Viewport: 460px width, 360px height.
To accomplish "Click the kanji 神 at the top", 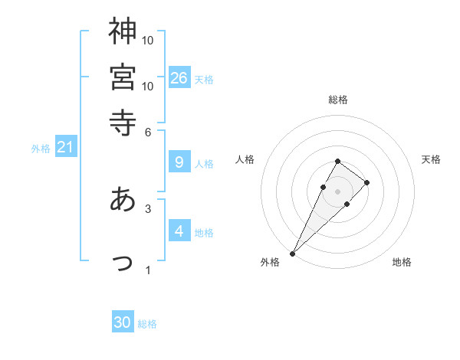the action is coord(123,32).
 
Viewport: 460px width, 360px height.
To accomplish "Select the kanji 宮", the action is coord(123,77).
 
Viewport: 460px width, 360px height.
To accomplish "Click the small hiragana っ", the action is coord(123,263).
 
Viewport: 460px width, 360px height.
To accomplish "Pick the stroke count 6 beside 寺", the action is coord(149,132).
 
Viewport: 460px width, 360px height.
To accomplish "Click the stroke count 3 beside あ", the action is coord(149,208).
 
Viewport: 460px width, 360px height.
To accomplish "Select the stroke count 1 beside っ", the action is coord(149,270).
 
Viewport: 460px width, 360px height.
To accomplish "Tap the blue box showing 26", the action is coord(179,77).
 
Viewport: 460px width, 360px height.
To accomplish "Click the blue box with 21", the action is coord(65,146).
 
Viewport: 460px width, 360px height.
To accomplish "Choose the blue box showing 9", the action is coord(179,162).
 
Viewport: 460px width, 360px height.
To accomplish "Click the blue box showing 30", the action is coord(123,322).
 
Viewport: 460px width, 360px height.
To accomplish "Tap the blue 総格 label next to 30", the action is coord(147,324).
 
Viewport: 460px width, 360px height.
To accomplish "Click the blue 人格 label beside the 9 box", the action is coord(204,163).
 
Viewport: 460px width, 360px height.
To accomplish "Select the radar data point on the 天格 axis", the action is coord(367,182).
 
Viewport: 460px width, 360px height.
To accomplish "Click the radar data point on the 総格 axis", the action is coord(337,161).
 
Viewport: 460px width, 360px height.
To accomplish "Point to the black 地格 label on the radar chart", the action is coord(402,263).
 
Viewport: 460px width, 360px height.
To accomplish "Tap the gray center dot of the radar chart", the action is coord(337,191).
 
